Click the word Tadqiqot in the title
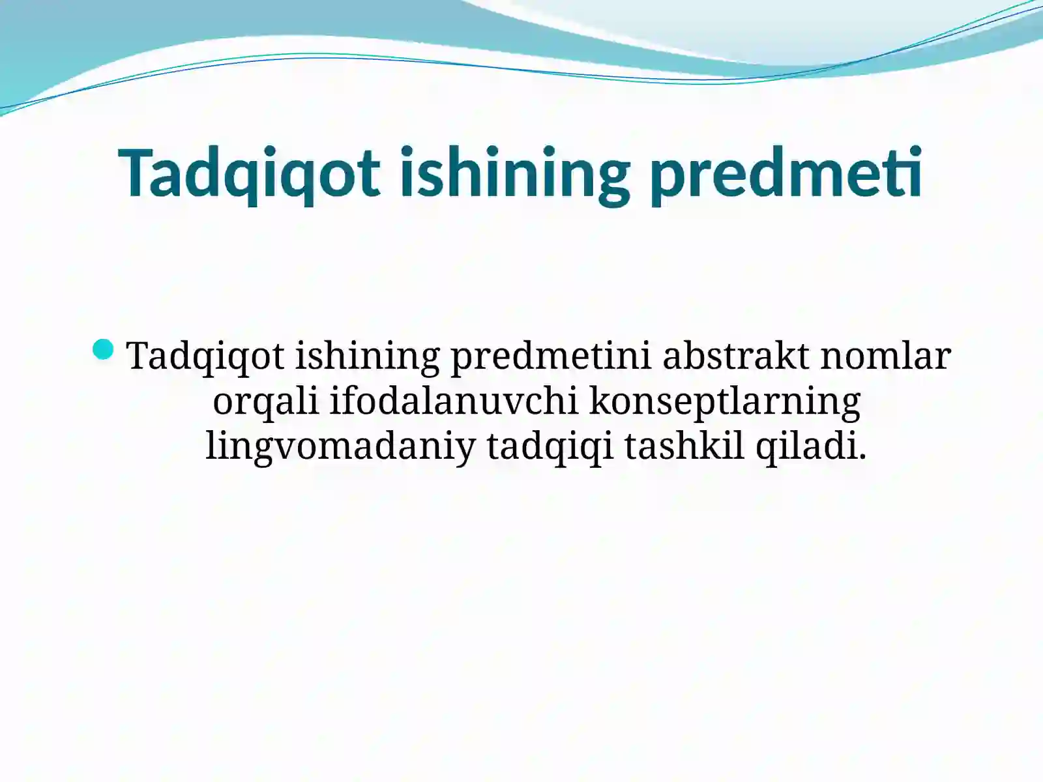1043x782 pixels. point(249,173)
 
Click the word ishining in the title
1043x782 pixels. point(514,173)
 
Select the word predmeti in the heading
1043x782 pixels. point(786,173)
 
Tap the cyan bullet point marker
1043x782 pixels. point(104,350)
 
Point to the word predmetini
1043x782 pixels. point(551,356)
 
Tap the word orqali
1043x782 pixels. point(265,401)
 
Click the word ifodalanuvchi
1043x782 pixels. point(454,401)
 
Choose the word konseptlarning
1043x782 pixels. point(725,401)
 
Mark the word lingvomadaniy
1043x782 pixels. point(340,447)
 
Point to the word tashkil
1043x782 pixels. point(684,447)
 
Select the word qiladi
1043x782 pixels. point(806,447)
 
